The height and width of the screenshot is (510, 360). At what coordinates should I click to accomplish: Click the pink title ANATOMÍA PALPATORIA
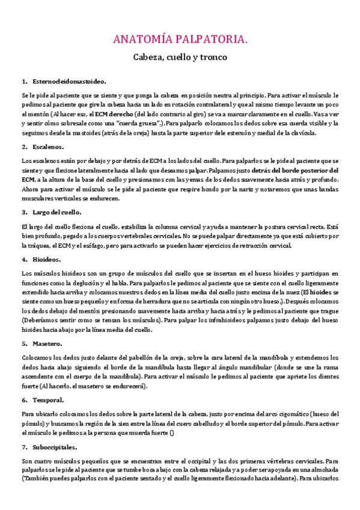180,40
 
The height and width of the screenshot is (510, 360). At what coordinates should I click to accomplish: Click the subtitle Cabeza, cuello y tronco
180,58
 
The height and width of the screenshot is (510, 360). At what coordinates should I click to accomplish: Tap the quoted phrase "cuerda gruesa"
136,124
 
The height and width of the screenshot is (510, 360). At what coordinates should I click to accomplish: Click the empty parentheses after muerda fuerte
172,433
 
